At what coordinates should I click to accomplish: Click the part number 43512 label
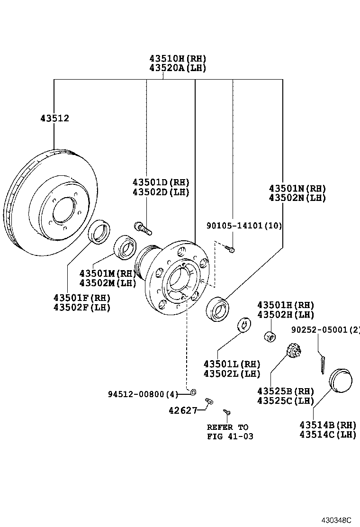54,118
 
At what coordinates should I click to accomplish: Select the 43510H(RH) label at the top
178,59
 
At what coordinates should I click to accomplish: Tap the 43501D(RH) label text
161,182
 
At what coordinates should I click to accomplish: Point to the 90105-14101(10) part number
244,226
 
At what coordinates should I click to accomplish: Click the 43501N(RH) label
297,188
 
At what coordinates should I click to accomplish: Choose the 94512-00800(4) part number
143,394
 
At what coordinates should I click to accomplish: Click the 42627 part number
183,410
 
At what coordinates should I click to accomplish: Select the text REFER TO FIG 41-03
230,432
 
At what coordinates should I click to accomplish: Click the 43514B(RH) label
327,425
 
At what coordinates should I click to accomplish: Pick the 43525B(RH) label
286,391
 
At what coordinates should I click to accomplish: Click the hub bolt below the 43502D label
143,228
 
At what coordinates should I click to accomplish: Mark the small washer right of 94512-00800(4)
193,392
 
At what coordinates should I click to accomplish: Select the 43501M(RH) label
108,273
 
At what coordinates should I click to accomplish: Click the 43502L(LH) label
232,373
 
